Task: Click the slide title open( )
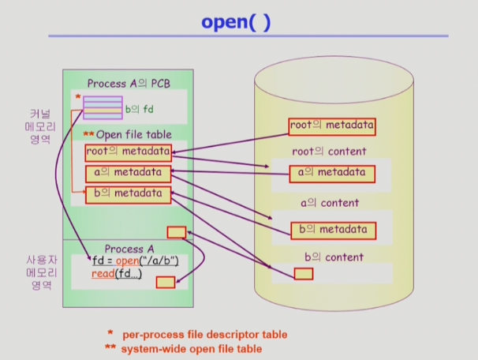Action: point(236,22)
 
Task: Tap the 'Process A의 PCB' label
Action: point(129,83)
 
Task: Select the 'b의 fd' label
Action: point(140,109)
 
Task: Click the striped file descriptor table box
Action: point(103,107)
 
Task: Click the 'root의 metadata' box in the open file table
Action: point(129,153)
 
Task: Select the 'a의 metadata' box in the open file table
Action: point(128,174)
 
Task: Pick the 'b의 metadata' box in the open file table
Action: point(128,195)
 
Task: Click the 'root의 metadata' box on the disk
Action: point(332,126)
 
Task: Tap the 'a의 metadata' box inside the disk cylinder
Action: point(332,174)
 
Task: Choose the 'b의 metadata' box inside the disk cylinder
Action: point(333,231)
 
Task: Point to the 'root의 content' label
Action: point(329,152)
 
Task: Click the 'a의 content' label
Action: point(330,203)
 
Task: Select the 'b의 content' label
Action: point(334,257)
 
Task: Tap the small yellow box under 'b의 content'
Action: point(304,274)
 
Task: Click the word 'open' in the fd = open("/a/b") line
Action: point(128,261)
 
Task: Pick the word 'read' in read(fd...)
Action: point(103,273)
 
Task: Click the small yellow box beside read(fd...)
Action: point(166,282)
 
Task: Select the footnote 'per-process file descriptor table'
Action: point(205,335)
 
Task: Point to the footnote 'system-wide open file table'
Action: point(192,349)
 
